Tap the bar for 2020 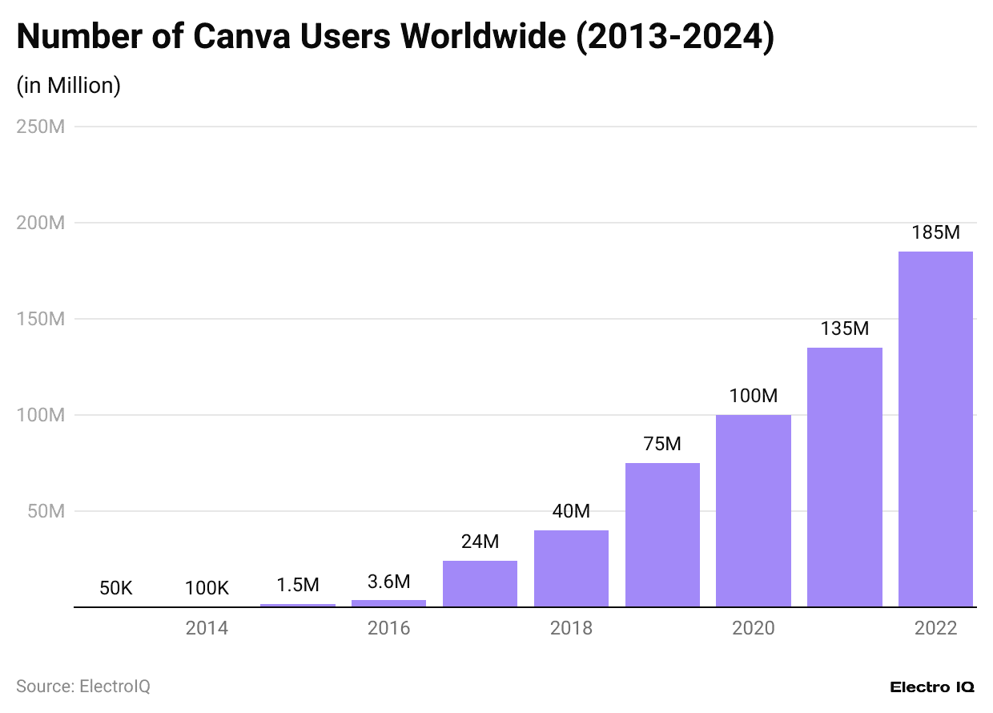pyautogui.click(x=754, y=510)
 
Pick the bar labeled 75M pyautogui.click(x=662, y=534)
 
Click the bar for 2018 pyautogui.click(x=571, y=568)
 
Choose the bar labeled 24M pyautogui.click(x=480, y=583)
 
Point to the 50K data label pyautogui.click(x=116, y=588)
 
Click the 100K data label pyautogui.click(x=207, y=588)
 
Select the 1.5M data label pyautogui.click(x=298, y=585)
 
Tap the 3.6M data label pyautogui.click(x=389, y=581)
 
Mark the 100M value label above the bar pyautogui.click(x=754, y=396)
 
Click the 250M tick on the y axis pyautogui.click(x=40, y=127)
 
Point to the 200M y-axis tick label pyautogui.click(x=40, y=223)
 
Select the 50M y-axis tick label pyautogui.click(x=46, y=511)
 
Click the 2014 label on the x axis pyautogui.click(x=207, y=628)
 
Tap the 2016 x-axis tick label pyautogui.click(x=389, y=628)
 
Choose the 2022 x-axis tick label pyautogui.click(x=935, y=628)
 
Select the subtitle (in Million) pyautogui.click(x=69, y=86)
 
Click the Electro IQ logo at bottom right pyautogui.click(x=931, y=687)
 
